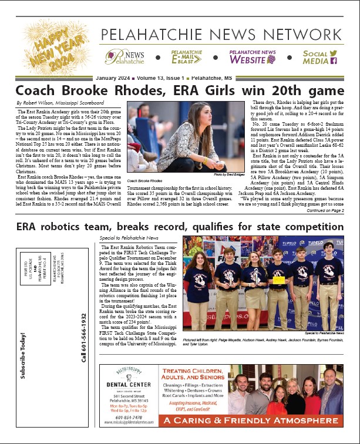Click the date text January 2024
(115, 78)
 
